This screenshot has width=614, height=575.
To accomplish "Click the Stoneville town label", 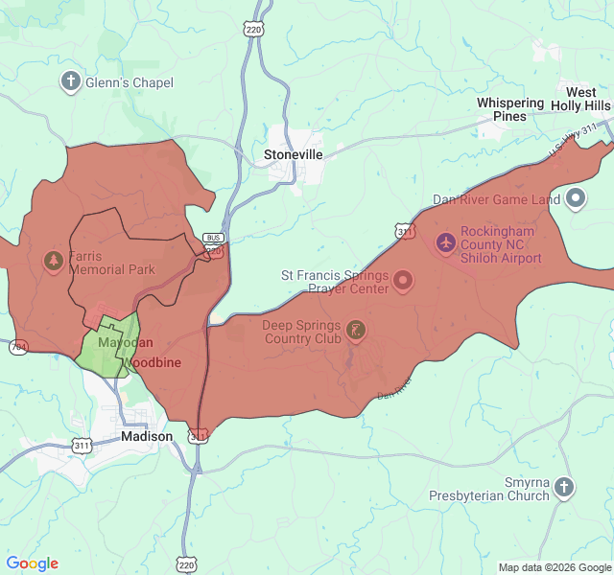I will [294, 153].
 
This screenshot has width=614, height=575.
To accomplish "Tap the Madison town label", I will [147, 436].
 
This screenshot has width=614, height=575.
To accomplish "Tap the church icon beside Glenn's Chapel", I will [70, 81].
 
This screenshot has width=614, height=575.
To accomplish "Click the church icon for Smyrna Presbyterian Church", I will [565, 487].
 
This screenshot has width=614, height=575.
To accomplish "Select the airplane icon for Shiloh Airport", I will [445, 242].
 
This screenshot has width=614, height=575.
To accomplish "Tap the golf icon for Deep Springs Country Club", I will [356, 331].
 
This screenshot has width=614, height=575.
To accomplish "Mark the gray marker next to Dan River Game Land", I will [576, 199].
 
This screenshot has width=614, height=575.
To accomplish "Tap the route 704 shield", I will [18, 347].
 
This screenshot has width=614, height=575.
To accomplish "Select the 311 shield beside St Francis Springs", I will [404, 232].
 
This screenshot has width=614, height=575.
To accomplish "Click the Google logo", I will [32, 563].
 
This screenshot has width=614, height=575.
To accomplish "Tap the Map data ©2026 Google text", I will [554, 567].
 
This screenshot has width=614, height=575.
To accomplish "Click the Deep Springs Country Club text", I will [300, 332].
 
